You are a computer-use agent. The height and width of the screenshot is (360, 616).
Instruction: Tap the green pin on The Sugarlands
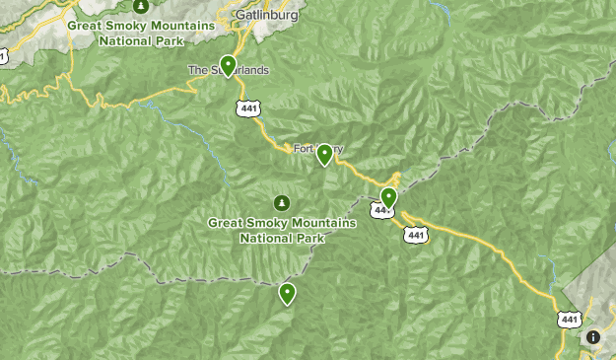click(x=228, y=66)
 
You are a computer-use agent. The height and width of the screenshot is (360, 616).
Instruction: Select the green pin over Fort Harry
click(x=323, y=154)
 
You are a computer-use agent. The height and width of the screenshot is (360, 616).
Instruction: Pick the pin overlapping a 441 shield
click(x=388, y=199)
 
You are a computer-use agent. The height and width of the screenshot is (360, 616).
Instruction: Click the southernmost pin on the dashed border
click(x=287, y=293)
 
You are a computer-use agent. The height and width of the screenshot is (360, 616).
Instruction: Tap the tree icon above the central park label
click(x=282, y=203)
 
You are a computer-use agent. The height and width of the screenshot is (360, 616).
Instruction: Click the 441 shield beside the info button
click(x=569, y=319)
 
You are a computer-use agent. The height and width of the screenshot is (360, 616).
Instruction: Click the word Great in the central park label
click(x=226, y=223)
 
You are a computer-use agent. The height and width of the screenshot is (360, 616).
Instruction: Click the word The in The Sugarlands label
click(x=197, y=71)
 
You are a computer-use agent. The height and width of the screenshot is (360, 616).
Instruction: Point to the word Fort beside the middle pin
click(x=304, y=149)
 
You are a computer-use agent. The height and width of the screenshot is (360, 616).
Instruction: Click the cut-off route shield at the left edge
click(x=2, y=56)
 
